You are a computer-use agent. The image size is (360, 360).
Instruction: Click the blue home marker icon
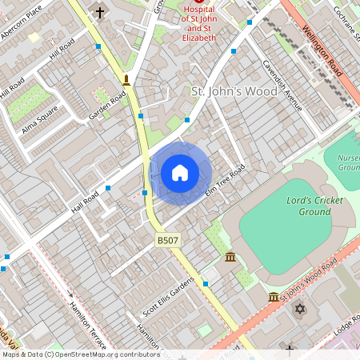click(x=180, y=173)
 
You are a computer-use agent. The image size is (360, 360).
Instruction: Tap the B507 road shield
click(x=166, y=240)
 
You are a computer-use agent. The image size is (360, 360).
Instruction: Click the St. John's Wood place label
click(x=234, y=91)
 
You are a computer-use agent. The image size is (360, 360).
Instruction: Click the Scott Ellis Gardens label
click(x=168, y=297)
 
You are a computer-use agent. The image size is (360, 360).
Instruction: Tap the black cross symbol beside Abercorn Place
click(x=100, y=12)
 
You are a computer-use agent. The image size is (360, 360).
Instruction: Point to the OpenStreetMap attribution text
click(x=80, y=354)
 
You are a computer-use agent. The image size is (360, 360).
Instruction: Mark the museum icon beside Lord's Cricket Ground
click(x=230, y=258)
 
